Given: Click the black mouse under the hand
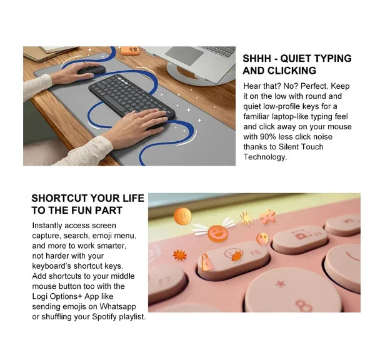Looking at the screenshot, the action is pos(92,70).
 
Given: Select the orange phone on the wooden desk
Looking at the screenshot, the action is pos(130,50).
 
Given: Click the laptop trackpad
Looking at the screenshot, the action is pos(184,56).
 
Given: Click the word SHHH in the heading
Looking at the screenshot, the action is pos(257,59).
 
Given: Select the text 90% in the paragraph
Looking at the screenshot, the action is pos(268,137).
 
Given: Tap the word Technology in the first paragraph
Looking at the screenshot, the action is pos(264,157).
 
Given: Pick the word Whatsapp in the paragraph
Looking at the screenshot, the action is pos(117,307).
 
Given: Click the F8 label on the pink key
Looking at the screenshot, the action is pos(256,253).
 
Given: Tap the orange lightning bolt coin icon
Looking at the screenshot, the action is pos(182,216).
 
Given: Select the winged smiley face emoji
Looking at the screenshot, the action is pos(217,232).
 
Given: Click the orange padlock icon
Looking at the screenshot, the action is pos(206,262).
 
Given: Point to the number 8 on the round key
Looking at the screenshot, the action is pos(304,306).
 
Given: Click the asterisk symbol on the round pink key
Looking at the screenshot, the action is pos(281,284).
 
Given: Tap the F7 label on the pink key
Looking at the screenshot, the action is pos(164,282).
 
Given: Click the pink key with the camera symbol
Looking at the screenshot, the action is pos(299,239).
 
